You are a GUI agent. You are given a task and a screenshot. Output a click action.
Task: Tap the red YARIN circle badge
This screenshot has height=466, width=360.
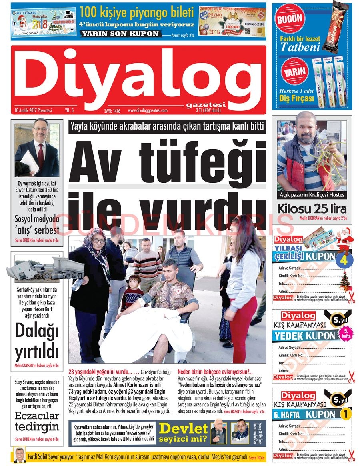click(294, 72)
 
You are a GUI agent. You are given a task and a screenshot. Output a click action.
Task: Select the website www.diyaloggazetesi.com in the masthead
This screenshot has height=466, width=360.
click(148, 110)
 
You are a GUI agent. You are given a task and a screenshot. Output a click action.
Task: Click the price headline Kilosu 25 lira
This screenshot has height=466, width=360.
click(312, 209)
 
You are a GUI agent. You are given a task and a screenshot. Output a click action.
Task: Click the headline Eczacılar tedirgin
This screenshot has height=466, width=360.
click(37, 421)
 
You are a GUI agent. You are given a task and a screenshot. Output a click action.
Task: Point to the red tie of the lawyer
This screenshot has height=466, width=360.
click(40, 154)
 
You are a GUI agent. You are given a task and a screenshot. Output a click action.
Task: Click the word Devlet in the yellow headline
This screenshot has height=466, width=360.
click(183, 428)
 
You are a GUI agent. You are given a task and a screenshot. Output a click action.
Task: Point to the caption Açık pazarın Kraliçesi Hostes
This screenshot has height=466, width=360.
click(312, 195)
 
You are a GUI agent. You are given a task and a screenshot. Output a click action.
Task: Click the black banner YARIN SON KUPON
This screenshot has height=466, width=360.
click(120, 34)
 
